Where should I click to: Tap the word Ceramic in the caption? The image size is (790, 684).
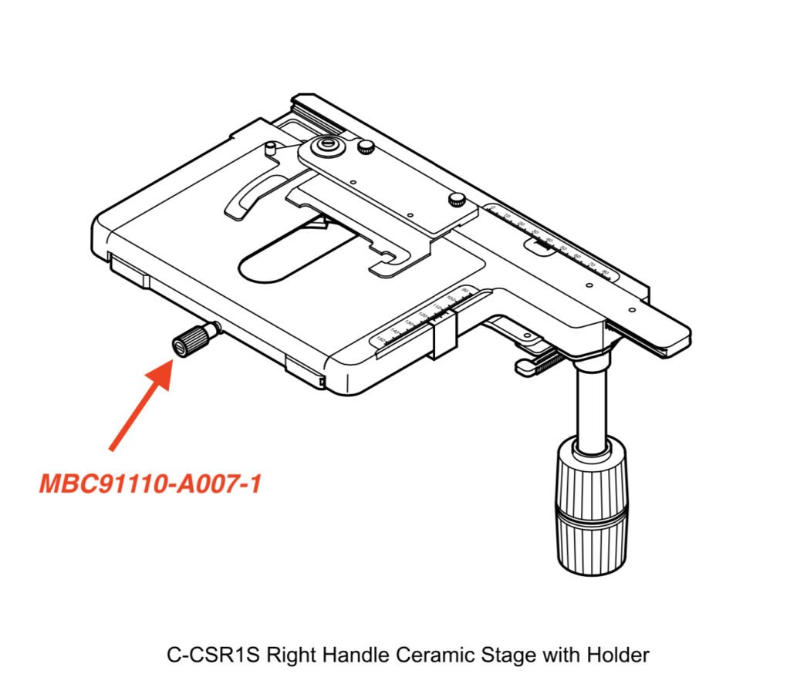click(x=433, y=655)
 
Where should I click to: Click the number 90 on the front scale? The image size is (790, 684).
click(x=464, y=291)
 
